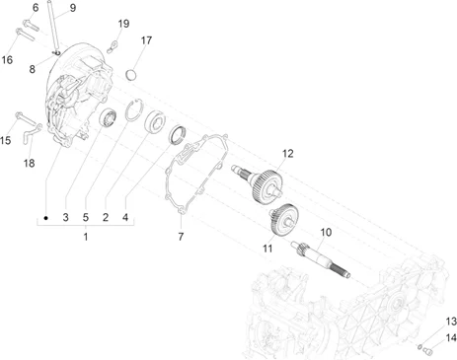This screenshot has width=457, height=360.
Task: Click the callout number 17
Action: pyautogui.click(x=146, y=40)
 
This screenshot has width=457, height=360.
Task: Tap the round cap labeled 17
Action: pyautogui.click(x=131, y=75)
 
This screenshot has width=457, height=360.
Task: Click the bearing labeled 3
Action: pyautogui.click(x=108, y=117)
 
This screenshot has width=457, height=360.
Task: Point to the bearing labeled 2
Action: pyautogui.click(x=155, y=122)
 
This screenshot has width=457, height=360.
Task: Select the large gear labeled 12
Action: pyautogui.click(x=260, y=183)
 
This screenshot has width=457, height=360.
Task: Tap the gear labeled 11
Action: pyautogui.click(x=283, y=219)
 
